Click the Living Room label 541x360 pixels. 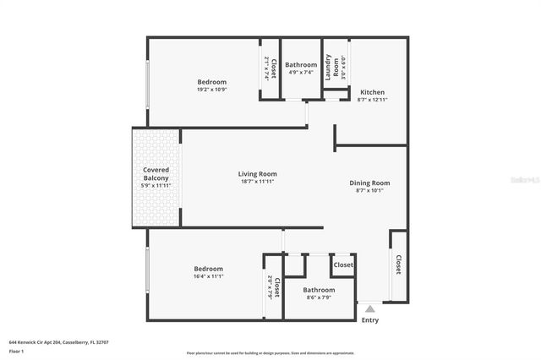click(256, 174)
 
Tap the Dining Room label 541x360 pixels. click(369, 183)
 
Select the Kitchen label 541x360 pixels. click(373, 92)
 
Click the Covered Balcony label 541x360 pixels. click(156, 174)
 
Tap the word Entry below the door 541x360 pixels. click(369, 320)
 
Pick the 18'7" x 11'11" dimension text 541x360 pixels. click(256, 182)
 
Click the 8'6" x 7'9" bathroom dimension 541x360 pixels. click(319, 297)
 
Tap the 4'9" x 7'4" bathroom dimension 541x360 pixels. click(300, 72)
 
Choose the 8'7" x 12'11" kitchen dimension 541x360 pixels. click(373, 100)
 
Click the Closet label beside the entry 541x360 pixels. click(397, 265)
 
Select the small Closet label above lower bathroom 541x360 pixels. click(343, 265)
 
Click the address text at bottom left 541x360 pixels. click(59, 342)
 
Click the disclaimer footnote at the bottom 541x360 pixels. click(270, 353)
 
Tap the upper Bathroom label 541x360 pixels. click(300, 65)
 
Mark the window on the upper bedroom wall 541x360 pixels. click(149, 83)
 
